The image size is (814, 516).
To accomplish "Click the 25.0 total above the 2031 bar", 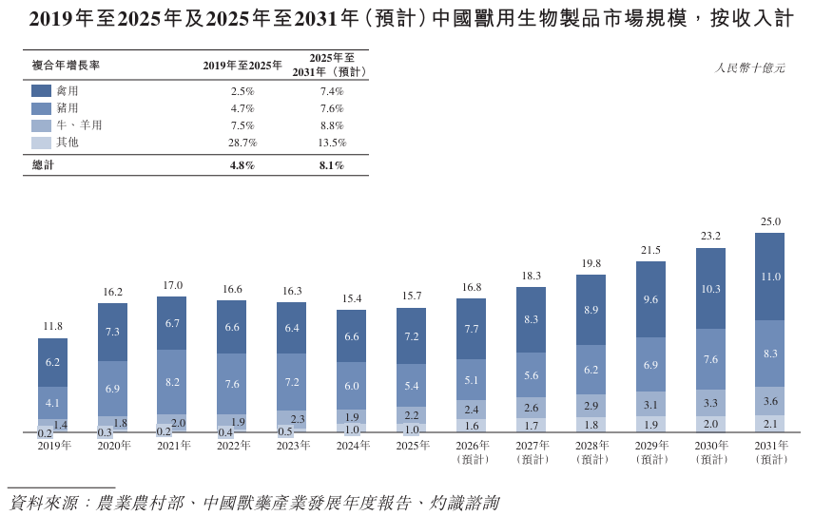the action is [x=770, y=221].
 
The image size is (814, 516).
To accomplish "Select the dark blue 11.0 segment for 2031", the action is [x=770, y=277].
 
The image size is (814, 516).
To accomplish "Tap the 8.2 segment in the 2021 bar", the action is [x=172, y=382].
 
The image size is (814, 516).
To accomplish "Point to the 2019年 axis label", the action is [x=54, y=446].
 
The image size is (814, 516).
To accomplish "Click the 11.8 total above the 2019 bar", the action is [x=52, y=326].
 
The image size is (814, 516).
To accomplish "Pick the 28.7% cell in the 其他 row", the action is [x=242, y=143].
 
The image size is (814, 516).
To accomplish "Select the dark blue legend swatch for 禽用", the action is [x=41, y=91].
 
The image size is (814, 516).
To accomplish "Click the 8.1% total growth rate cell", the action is [x=332, y=165].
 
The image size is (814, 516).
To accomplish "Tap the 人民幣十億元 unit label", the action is [x=749, y=67].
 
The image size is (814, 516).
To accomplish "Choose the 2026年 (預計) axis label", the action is [x=473, y=452].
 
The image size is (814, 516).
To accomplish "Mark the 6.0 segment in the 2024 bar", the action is [x=352, y=386].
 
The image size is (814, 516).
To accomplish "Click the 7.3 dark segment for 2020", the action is [x=112, y=332].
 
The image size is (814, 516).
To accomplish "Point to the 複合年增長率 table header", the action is [x=66, y=66].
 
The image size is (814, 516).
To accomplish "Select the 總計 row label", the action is [x=43, y=165].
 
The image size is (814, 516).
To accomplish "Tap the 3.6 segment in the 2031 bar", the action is [x=770, y=401].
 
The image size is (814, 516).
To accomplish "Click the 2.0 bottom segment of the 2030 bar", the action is [x=710, y=424].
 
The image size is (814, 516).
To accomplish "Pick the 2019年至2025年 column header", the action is [x=242, y=66].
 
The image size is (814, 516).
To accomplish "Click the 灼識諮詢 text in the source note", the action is [x=464, y=503].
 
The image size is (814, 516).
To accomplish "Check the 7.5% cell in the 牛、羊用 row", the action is [x=242, y=125].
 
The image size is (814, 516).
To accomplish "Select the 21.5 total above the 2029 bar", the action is [x=650, y=250].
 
